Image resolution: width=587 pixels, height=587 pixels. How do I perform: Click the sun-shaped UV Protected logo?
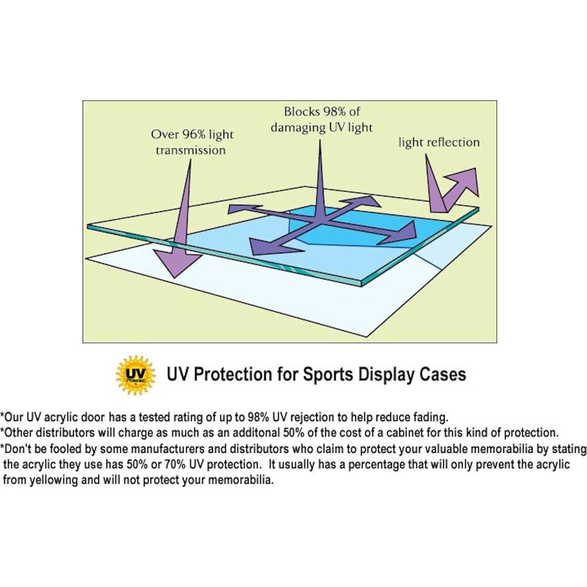(135, 374)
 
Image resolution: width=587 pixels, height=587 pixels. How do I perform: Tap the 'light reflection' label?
(439, 143)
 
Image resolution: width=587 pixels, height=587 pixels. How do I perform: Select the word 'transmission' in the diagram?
(190, 150)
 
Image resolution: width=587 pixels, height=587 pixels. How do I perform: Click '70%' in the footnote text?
(174, 465)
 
